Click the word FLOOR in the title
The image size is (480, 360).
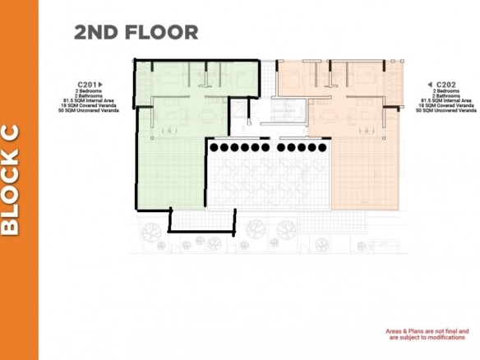click(161, 32)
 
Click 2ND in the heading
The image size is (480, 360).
click(96, 32)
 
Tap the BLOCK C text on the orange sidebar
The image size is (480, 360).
click(11, 180)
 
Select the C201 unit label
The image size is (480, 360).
click(87, 85)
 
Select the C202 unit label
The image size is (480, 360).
click(446, 85)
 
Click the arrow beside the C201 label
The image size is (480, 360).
click(100, 85)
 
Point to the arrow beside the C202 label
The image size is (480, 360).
click(430, 85)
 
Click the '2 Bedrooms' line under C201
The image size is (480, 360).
click(89, 91)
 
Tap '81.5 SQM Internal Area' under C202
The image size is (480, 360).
click(446, 101)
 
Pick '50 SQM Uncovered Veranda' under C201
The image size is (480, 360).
click(89, 110)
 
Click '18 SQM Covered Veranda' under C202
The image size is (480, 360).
click(446, 105)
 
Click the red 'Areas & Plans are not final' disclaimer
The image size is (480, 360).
click(427, 335)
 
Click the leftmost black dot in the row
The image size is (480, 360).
click(215, 148)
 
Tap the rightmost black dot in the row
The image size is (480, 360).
click(322, 148)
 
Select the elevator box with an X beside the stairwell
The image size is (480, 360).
click(238, 108)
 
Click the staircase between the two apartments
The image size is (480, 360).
click(284, 109)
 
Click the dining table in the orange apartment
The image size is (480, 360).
click(328, 116)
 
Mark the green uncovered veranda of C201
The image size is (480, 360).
click(172, 174)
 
